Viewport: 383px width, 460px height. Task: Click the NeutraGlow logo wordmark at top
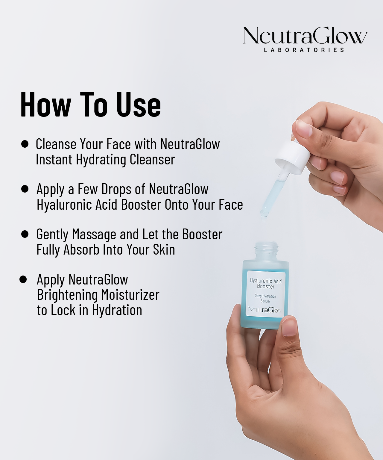tap(305, 36)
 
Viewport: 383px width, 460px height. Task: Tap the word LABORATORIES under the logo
tap(304, 50)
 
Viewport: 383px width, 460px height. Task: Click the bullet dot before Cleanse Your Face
tap(25, 144)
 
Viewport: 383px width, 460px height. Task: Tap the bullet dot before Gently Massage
tap(25, 234)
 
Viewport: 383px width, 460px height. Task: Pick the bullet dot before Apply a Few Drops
tap(25, 189)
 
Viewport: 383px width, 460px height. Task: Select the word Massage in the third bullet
tap(94, 234)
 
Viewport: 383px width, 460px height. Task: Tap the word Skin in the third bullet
tap(164, 249)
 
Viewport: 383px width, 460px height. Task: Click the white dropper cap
tap(293, 158)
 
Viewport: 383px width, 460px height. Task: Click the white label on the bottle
tap(265, 293)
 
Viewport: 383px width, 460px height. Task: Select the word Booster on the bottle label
tap(266, 287)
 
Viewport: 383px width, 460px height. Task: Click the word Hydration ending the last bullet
tap(117, 310)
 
